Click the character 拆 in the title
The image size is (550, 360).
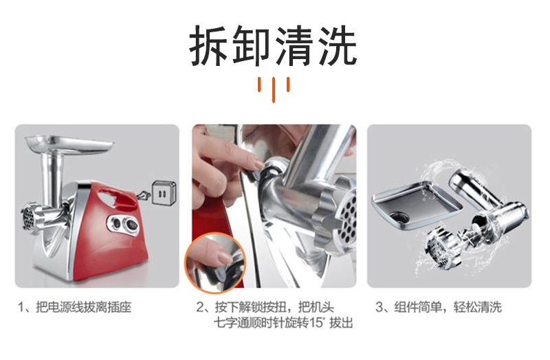210,46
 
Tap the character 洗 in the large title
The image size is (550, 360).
338,46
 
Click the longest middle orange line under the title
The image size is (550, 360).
274,90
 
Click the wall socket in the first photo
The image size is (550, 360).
163,192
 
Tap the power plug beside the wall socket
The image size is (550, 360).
144,195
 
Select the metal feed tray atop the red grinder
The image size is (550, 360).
69,143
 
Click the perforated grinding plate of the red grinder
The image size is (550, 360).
27,219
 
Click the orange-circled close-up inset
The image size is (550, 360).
214,263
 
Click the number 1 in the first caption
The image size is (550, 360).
21,307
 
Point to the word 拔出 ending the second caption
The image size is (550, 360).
341,323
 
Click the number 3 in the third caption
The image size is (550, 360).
379,307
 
